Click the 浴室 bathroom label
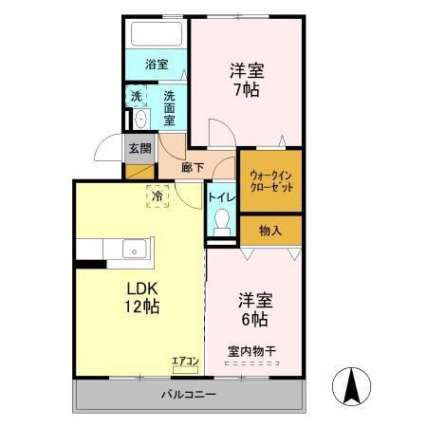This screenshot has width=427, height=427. (x=157, y=65)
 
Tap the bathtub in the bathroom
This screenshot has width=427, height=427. (x=157, y=36)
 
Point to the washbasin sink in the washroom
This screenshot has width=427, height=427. (x=140, y=119)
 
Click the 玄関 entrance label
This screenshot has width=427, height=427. (x=139, y=148)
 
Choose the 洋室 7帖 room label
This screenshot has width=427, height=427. (x=245, y=81)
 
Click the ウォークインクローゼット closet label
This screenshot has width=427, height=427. (x=270, y=181)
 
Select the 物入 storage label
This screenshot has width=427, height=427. (x=270, y=230)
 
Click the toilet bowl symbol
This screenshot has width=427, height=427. (x=222, y=223)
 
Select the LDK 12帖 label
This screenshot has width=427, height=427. (x=138, y=296)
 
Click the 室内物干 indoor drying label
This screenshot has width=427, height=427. (x=251, y=352)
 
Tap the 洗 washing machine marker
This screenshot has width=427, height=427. (x=137, y=96)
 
